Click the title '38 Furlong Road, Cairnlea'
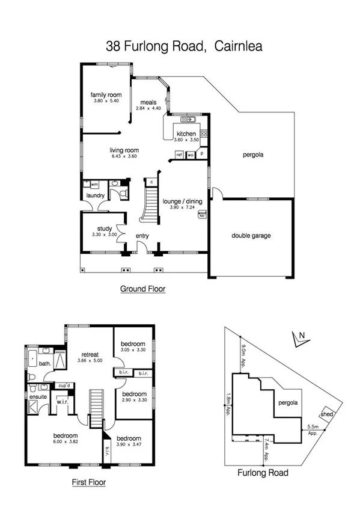tap(180, 45)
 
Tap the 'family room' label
tap(106, 95)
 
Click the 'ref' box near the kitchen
tap(179, 155)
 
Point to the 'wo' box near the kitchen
tap(191, 155)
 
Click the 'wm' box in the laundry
tap(94, 184)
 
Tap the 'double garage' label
tap(251, 235)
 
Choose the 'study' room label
tap(105, 228)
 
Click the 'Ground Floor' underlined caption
tap(142, 289)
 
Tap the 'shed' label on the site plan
tap(326, 414)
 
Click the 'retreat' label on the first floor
tap(88, 355)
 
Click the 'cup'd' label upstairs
tap(65, 385)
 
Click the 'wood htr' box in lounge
tap(203, 214)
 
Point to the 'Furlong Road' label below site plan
tap(263, 473)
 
